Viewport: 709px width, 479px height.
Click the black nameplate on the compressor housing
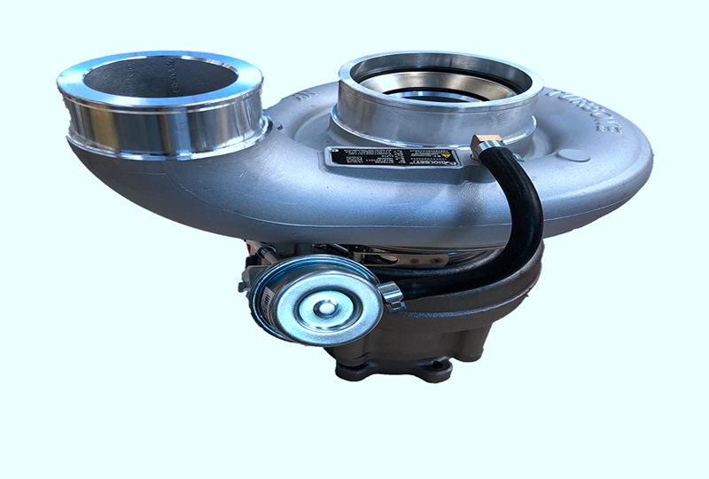[x=394, y=161]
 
